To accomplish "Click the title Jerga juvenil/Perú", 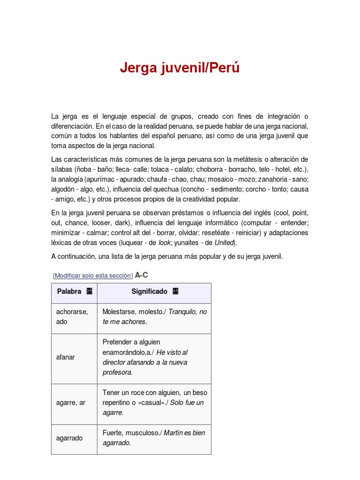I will pos(180,68).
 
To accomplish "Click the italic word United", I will pos(225,243).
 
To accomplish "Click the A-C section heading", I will pos(141,275).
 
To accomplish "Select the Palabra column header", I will pos(69,292).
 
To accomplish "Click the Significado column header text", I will pos(149,292).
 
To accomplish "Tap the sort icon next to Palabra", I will pos(90,292).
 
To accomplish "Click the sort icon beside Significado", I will pos(175,292).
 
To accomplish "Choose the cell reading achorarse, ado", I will pos(72,316).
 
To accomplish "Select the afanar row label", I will pos(65,357).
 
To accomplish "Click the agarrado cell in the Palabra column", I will pos(69,438).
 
